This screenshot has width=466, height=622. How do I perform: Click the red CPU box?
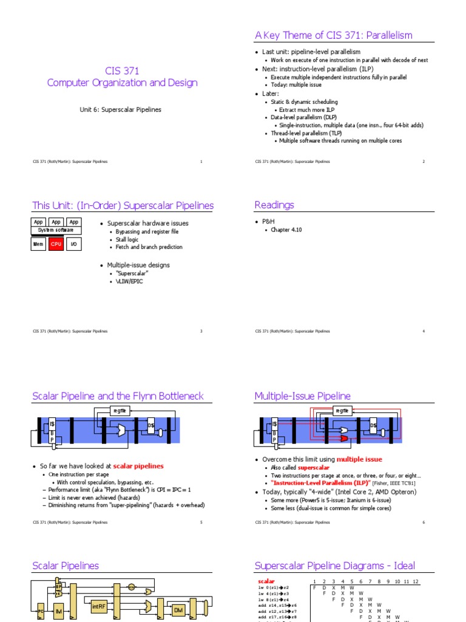click(x=56, y=244)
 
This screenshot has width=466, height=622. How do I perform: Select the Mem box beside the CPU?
click(x=39, y=244)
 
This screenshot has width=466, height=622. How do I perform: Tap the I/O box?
click(x=74, y=244)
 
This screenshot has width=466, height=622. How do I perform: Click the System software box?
click(x=56, y=230)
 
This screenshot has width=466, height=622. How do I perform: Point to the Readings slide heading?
click(x=274, y=205)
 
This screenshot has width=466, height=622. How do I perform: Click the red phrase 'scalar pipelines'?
click(x=138, y=466)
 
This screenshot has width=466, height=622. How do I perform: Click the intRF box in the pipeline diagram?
click(x=100, y=607)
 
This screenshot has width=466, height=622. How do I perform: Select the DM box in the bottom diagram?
click(x=178, y=609)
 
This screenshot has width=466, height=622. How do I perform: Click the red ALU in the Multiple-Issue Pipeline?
click(x=344, y=437)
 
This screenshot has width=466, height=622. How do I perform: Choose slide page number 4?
click(x=424, y=331)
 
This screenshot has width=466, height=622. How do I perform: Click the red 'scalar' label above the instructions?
click(x=267, y=581)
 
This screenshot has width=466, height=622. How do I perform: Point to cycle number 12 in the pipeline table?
click(x=415, y=581)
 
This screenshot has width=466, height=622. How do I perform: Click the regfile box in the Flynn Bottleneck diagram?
click(x=120, y=411)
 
